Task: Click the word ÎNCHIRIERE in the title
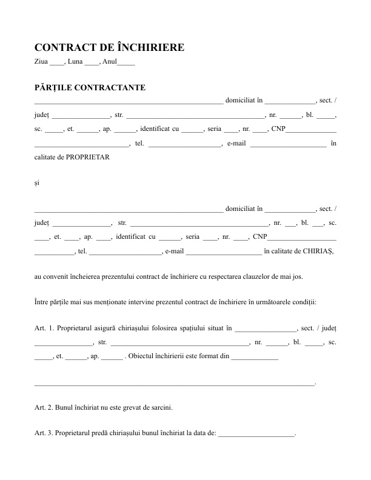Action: coord(149,48)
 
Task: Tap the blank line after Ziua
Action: coord(56,62)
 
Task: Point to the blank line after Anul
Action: coord(126,62)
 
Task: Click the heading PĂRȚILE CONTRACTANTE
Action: coord(90,88)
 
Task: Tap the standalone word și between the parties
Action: coord(37,182)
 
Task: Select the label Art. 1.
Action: coord(45,329)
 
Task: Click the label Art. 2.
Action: coord(45,408)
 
